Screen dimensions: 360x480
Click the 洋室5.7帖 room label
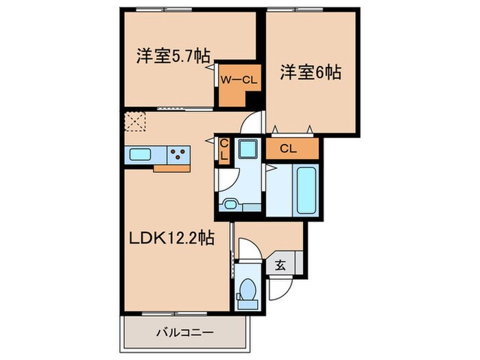tap(172, 56)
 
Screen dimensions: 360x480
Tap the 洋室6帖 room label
tap(311, 72)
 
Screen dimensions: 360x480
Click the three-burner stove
tap(180, 155)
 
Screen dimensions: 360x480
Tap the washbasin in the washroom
tap(230, 204)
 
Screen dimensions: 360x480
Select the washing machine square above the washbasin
tap(246, 149)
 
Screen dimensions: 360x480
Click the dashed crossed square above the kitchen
tap(136, 121)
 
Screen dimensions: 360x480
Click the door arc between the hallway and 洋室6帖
tap(253, 123)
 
